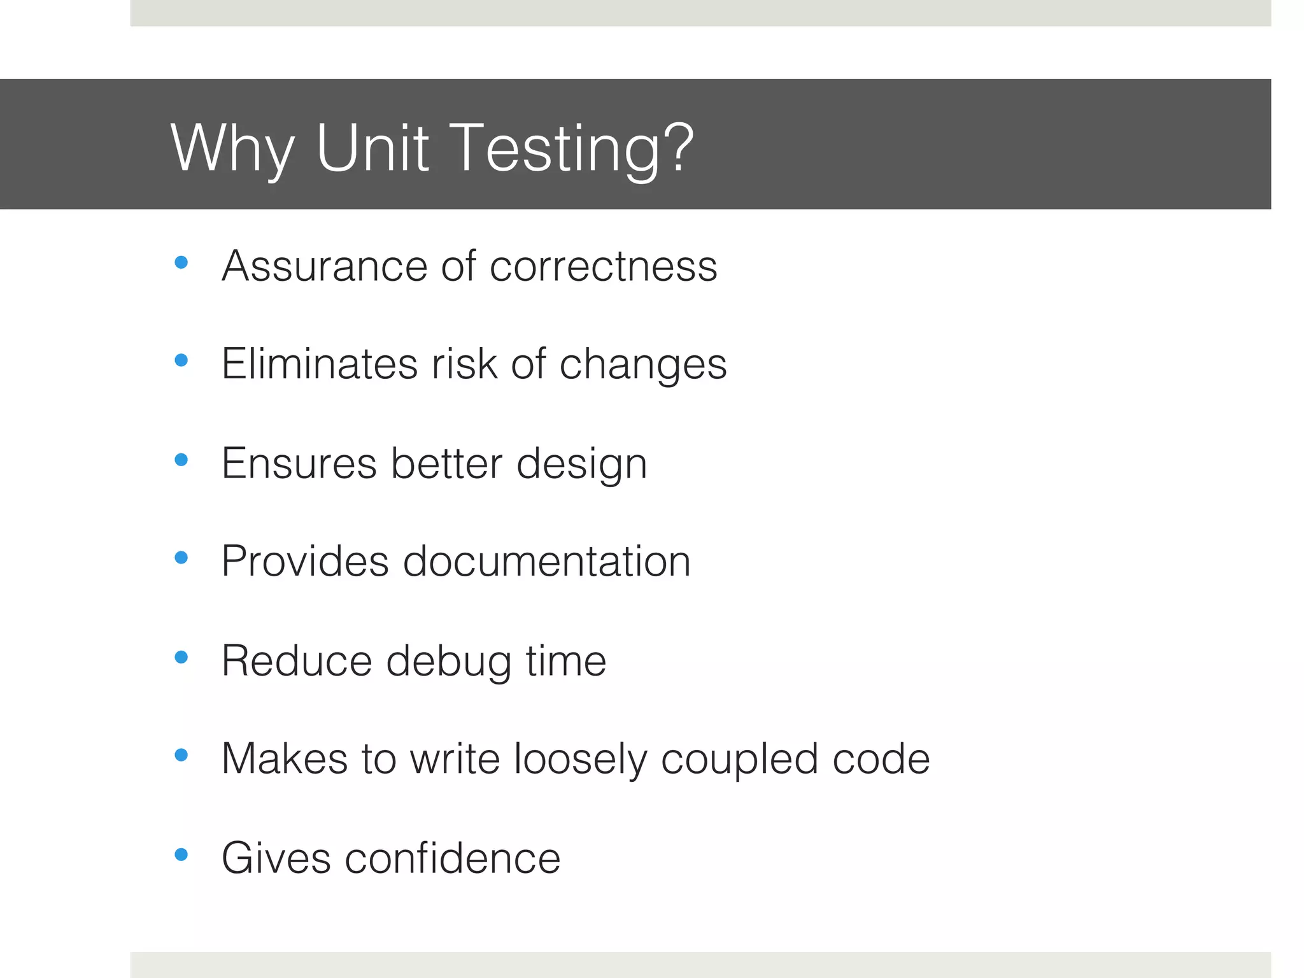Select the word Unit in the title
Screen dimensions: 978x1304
click(x=372, y=148)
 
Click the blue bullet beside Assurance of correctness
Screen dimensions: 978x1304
click(x=181, y=262)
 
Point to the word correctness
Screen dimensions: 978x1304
click(x=603, y=266)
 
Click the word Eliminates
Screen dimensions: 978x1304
click(x=319, y=364)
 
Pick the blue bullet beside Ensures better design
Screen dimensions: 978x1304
click(x=181, y=460)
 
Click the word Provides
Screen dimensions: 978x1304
click(x=305, y=562)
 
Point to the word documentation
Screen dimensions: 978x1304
click(x=546, y=562)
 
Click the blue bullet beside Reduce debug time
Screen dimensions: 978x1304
click(x=181, y=657)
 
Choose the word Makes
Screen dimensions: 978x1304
click(x=285, y=759)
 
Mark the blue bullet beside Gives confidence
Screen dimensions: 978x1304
click(x=181, y=854)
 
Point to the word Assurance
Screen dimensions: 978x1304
click(x=324, y=266)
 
